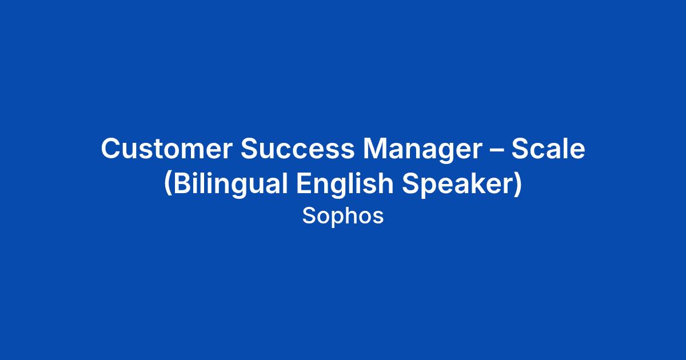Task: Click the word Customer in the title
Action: pos(166,149)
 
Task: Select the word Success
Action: pos(297,149)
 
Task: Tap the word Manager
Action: pos(422,150)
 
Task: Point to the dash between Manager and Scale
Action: pos(497,150)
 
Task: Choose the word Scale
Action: pos(548,149)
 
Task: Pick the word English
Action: pos(345,183)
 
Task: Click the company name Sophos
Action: pos(343,217)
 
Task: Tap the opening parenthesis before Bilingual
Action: pos(168,183)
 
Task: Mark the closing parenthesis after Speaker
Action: pos(517,183)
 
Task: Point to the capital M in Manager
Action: pos(375,149)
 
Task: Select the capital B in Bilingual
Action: pos(182,183)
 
